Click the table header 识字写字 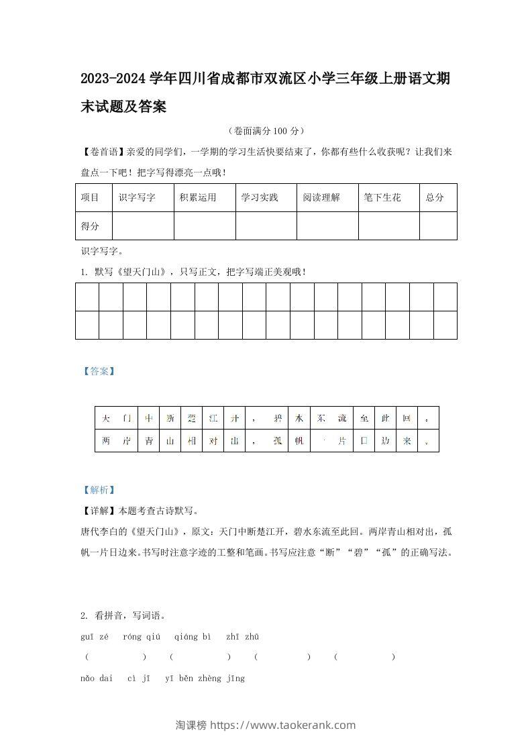137,198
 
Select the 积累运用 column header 198,198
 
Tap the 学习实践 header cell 260,198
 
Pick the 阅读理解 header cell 321,198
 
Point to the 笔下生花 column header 382,198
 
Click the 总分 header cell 435,198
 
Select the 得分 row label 90,226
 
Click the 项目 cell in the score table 90,198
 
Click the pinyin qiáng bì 193,636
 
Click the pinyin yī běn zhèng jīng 205,678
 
